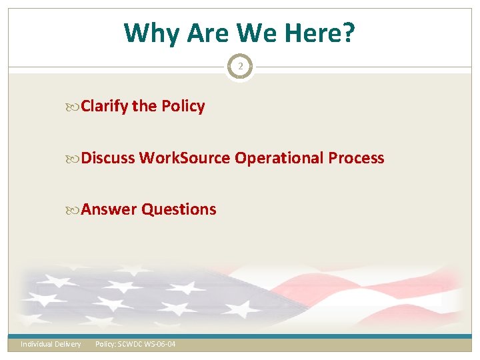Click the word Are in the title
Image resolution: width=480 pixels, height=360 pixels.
pyautogui.click(x=203, y=33)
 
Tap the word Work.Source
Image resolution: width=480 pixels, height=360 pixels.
pyautogui.click(x=185, y=158)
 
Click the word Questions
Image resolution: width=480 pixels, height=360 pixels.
pyautogui.click(x=179, y=209)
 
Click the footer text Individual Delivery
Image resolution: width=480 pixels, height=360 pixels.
pyautogui.click(x=51, y=344)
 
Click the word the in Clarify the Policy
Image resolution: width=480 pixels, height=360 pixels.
pyautogui.click(x=144, y=107)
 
